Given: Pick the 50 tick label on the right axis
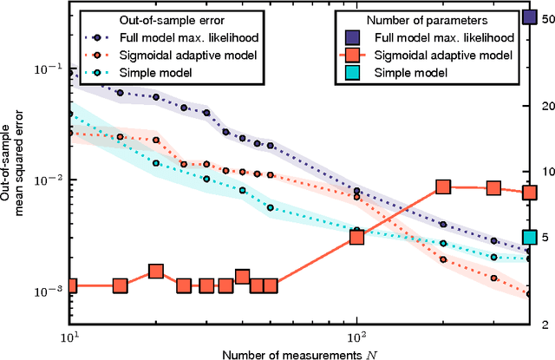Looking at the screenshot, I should (545, 17).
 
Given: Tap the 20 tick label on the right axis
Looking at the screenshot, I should (545, 105).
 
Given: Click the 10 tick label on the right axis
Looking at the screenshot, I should (545, 171).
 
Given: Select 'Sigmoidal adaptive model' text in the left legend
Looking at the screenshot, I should (196, 55).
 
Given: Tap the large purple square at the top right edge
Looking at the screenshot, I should (529, 16).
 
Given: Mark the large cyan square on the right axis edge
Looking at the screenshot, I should (529, 238).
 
